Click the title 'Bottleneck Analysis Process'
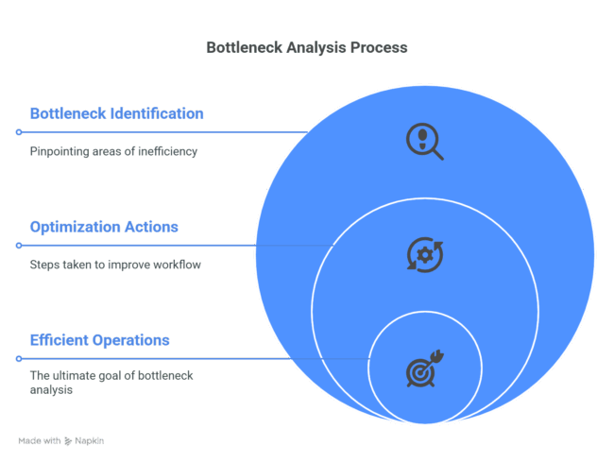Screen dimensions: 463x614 pyautogui.click(x=306, y=47)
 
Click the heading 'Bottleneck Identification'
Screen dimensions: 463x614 pyautogui.click(x=116, y=113)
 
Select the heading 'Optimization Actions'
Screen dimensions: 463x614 pyautogui.click(x=104, y=227)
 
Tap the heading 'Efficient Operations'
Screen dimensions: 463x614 pyautogui.click(x=99, y=340)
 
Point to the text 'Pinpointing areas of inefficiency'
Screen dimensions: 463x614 pyautogui.click(x=113, y=151)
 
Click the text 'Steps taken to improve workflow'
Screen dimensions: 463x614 pyautogui.click(x=114, y=265)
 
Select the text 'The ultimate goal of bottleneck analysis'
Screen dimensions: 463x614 pyautogui.click(x=111, y=382)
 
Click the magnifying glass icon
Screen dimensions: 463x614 pyautogui.click(x=424, y=142)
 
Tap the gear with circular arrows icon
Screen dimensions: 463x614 pyautogui.click(x=424, y=255)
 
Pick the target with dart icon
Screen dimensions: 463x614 pyautogui.click(x=424, y=369)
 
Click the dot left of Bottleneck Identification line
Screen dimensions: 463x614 pyautogui.click(x=18, y=132)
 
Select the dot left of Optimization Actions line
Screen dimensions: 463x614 pyautogui.click(x=18, y=246)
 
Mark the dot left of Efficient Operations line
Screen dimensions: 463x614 pyautogui.click(x=18, y=359)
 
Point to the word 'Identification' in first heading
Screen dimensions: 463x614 pyautogui.click(x=156, y=113)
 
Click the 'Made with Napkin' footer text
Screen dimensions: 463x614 pyautogui.click(x=60, y=441)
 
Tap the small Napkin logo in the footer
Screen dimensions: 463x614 pyautogui.click(x=68, y=441)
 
